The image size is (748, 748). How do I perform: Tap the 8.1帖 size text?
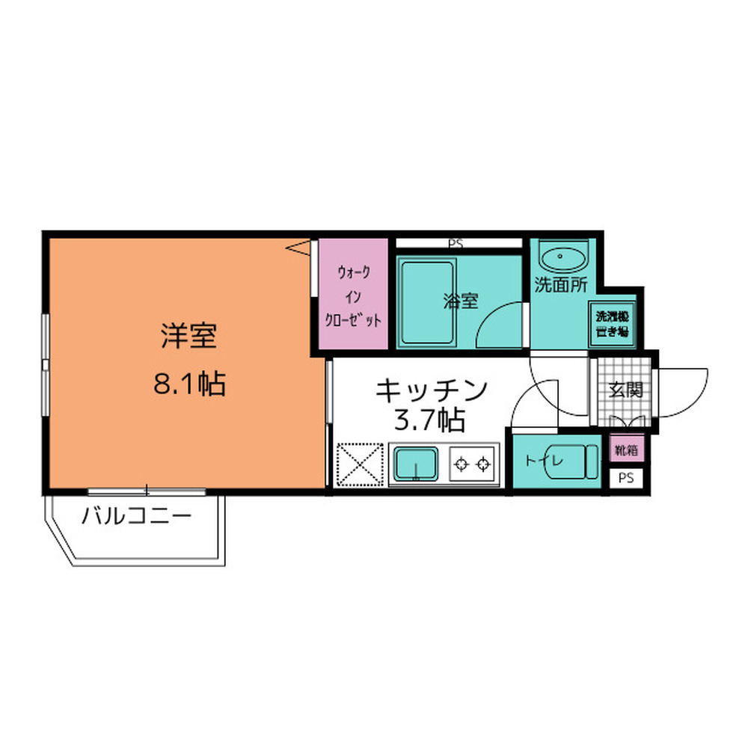pos(189,384)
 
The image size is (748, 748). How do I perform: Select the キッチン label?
pos(432,390)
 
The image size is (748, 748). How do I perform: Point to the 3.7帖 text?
pos(429,420)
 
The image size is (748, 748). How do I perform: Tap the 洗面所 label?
pos(560,284)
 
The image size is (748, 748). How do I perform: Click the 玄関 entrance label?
pos(624,390)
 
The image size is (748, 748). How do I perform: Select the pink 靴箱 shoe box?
pos(625,450)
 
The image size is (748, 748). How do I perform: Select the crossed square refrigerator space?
pos(359,465)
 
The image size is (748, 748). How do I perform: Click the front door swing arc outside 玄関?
pos(684,391)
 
